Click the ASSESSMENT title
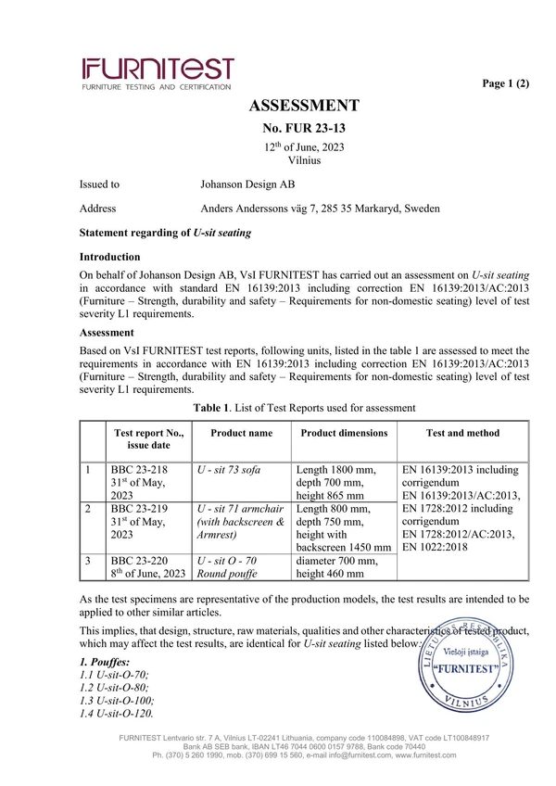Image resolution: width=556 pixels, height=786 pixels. pyautogui.click(x=304, y=105)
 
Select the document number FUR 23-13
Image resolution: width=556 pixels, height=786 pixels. pyautogui.click(x=304, y=127)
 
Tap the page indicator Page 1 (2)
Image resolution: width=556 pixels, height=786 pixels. pyautogui.click(x=506, y=83)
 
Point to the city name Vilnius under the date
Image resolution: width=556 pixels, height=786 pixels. pyautogui.click(x=304, y=160)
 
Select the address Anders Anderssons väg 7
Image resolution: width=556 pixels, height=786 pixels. pyautogui.click(x=263, y=209)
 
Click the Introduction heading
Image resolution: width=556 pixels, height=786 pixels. pyautogui.click(x=109, y=256)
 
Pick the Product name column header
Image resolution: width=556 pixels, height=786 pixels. pyautogui.click(x=241, y=433)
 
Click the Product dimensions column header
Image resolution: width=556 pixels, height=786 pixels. pyautogui.click(x=344, y=433)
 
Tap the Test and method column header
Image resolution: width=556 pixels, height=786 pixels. pyautogui.click(x=462, y=433)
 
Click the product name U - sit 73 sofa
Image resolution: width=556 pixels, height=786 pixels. pyautogui.click(x=229, y=470)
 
